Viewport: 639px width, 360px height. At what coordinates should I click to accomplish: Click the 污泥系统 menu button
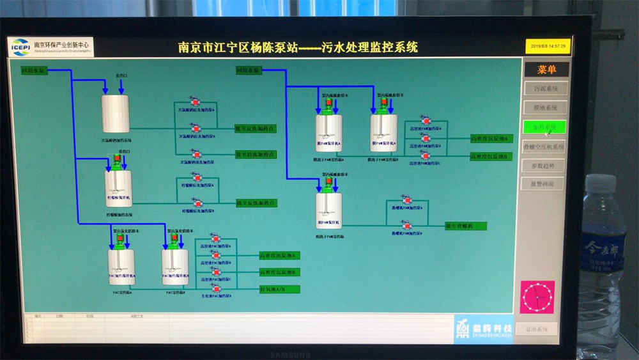[x=545, y=89]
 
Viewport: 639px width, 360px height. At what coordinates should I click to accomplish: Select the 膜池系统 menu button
[x=545, y=108]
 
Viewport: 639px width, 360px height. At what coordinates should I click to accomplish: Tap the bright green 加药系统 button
[x=545, y=127]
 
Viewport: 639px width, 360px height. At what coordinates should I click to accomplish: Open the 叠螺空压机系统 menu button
[x=545, y=147]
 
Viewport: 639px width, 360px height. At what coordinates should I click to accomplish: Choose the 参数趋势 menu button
[x=545, y=166]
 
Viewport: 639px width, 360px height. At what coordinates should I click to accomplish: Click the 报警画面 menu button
[x=545, y=184]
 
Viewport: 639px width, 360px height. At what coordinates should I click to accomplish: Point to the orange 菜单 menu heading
[x=546, y=69]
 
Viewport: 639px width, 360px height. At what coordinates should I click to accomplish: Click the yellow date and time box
[x=548, y=47]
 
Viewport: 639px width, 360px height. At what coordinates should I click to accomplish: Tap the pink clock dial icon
[x=537, y=297]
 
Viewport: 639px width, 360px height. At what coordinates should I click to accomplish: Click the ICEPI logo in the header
[x=21, y=47]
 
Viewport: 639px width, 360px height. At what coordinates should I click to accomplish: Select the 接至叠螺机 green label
[x=466, y=226]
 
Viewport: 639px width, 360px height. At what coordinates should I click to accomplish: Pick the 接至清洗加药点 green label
[x=255, y=155]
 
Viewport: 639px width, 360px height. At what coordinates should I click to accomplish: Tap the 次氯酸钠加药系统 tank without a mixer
[x=116, y=114]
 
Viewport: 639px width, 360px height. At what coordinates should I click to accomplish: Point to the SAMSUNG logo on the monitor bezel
[x=289, y=354]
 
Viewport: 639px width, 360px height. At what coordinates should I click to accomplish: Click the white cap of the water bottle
[x=601, y=184]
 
